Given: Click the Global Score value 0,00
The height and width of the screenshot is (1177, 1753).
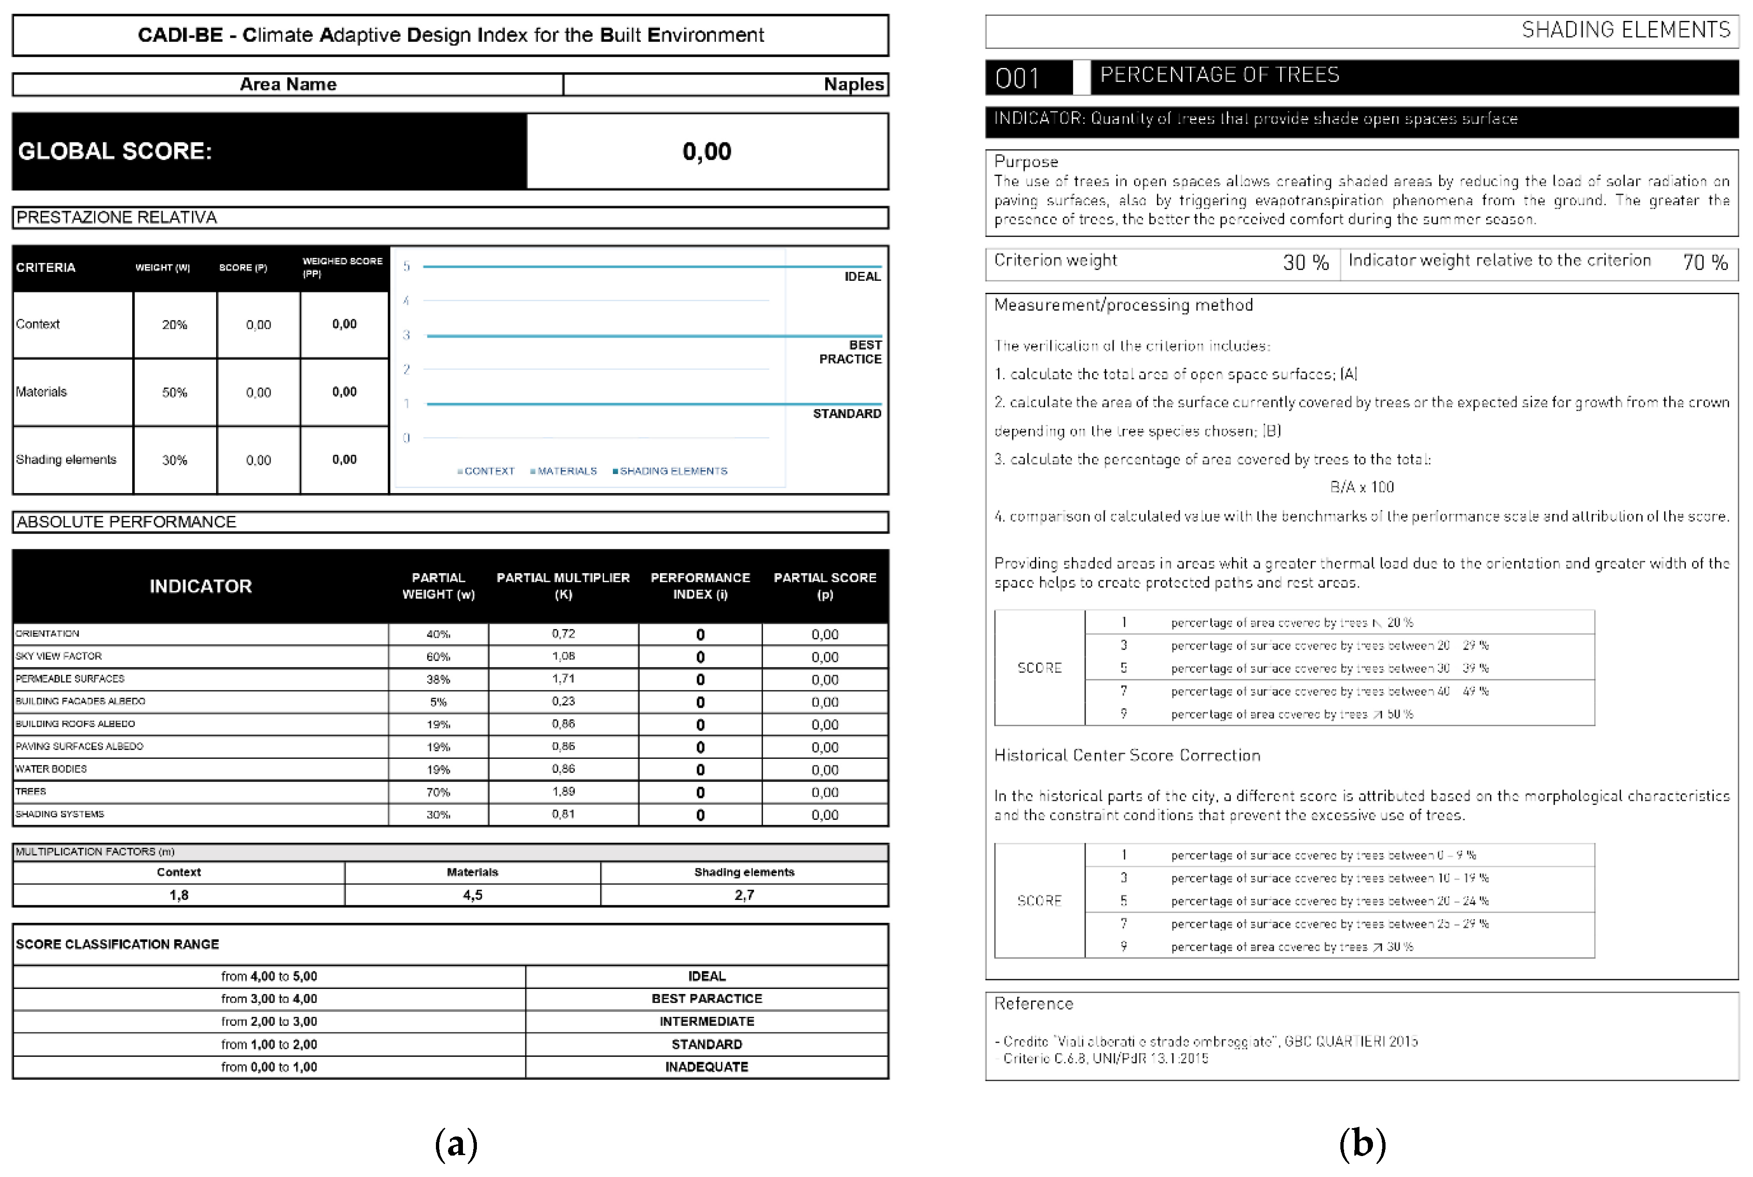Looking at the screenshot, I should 707,152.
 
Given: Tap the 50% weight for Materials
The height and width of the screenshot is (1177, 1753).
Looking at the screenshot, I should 174,392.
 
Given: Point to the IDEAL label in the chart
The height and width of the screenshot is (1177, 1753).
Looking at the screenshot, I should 862,276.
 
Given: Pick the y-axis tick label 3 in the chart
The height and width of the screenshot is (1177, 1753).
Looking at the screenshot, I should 406,335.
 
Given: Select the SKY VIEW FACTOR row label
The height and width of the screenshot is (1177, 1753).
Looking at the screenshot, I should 59,656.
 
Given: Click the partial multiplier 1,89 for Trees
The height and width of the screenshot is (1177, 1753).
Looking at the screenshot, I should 563,791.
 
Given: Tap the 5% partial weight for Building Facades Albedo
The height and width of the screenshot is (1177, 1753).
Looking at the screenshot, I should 438,702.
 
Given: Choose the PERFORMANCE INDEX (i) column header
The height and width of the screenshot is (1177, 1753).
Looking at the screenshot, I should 700,586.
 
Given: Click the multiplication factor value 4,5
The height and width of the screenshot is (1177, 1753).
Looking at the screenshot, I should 472,895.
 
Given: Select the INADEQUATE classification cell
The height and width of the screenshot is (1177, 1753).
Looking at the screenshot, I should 707,1067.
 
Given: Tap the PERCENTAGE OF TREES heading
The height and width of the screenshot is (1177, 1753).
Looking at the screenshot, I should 1219,75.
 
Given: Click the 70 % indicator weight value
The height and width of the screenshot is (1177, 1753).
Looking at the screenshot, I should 1705,262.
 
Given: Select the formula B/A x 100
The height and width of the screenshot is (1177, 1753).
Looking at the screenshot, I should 1362,487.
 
